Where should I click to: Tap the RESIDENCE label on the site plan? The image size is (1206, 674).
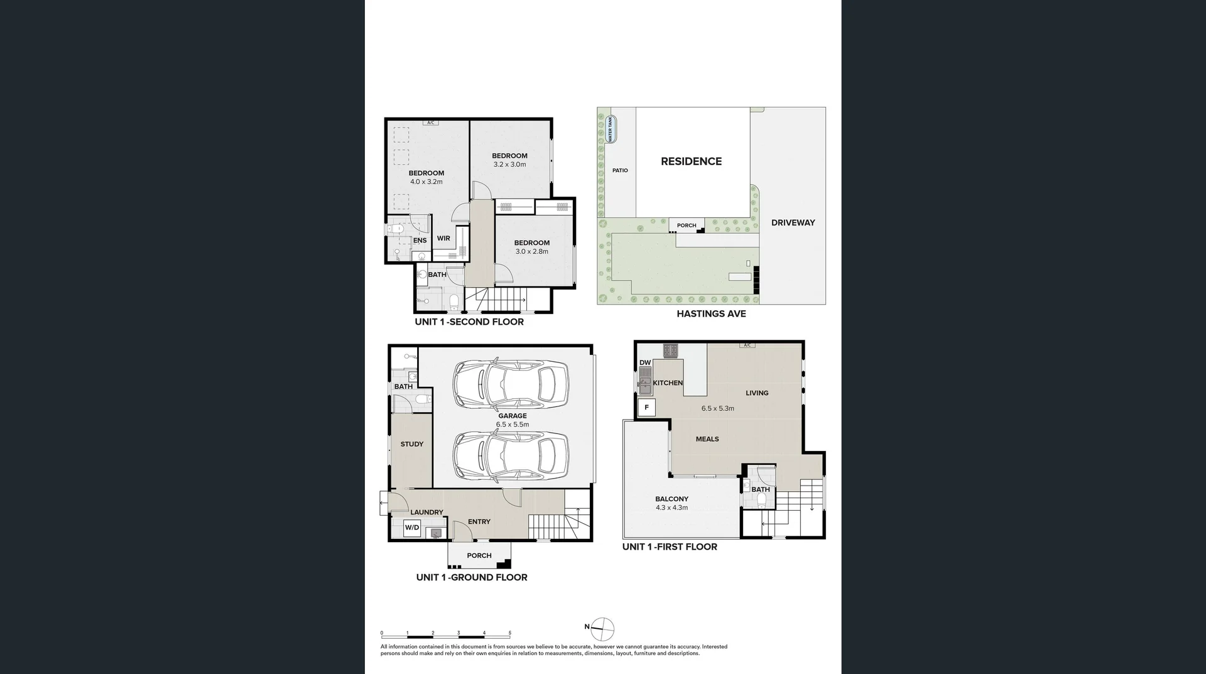coord(691,161)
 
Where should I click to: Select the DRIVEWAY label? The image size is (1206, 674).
coord(793,222)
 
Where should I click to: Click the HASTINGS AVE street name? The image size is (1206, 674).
coord(711,313)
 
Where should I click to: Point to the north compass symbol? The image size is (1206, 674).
coord(602,629)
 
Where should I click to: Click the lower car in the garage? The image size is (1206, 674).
coord(510,455)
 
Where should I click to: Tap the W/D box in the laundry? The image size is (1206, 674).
coord(412,528)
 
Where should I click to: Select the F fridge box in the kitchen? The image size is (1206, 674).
coord(646,408)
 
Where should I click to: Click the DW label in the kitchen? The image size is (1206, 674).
coord(645,362)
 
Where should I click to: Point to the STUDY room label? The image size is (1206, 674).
coord(412,444)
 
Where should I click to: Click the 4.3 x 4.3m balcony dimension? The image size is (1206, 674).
coord(671,508)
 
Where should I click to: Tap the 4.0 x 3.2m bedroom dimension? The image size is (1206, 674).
coord(426,182)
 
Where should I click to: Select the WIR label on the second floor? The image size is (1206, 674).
coord(443,238)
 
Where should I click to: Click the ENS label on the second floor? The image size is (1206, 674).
coord(420,240)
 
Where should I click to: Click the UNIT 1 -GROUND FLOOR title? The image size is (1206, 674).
coord(472,577)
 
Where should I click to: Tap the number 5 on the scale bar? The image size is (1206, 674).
coord(510,633)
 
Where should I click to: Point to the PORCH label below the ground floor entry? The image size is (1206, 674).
coord(479,555)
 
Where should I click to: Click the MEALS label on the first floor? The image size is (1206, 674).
coord(707,439)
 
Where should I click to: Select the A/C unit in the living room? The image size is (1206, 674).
coord(747,345)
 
